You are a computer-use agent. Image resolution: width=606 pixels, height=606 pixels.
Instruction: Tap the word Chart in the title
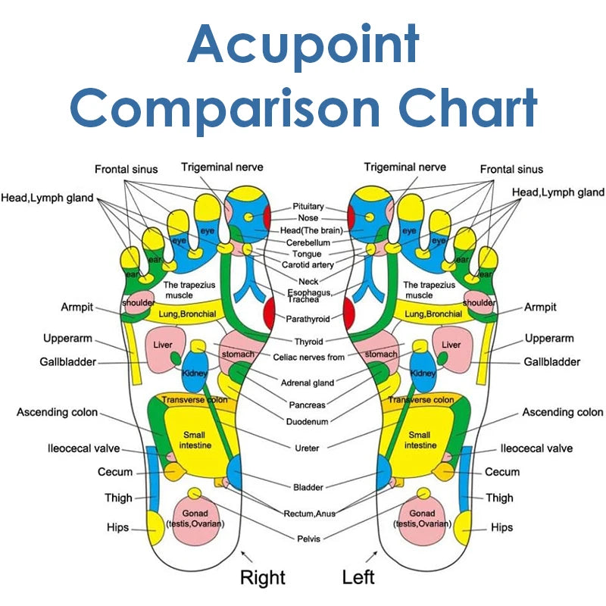coord(468,107)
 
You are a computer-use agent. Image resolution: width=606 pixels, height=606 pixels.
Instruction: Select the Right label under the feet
coord(263,578)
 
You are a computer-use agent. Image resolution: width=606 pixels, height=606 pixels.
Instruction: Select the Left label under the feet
coord(358,577)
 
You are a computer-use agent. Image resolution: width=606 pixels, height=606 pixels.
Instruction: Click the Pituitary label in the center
coord(308,206)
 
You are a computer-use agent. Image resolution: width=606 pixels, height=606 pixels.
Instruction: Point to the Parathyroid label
coord(308,319)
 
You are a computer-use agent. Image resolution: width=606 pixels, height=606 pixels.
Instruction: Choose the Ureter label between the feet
coord(307,448)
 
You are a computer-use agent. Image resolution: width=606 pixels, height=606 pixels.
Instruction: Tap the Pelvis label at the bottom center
coord(308,539)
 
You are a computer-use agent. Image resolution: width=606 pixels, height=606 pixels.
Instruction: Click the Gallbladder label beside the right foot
coord(67,362)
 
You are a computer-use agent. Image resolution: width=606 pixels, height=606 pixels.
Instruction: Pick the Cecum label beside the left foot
coord(502,472)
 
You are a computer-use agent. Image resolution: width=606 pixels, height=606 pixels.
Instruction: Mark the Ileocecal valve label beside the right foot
coord(83,448)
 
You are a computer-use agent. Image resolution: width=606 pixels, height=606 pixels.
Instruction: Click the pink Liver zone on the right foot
coord(163,349)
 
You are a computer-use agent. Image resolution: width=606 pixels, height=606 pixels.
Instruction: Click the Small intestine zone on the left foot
coord(420,440)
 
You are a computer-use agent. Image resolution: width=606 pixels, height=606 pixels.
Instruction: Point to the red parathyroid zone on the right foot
coord(270,313)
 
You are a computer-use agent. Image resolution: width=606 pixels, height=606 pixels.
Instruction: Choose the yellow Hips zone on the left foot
coord(464,528)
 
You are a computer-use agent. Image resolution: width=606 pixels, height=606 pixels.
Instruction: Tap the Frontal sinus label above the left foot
coord(511,169)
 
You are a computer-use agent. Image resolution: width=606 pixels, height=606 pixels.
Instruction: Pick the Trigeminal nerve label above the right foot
coord(222,167)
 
